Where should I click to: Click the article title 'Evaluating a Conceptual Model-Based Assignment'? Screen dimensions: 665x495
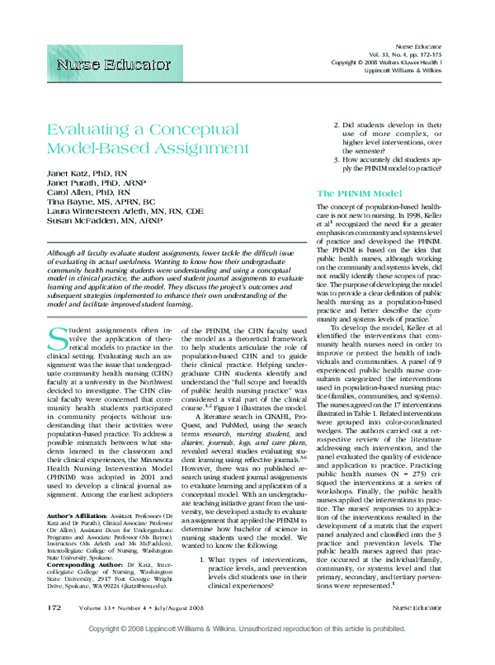[147, 139]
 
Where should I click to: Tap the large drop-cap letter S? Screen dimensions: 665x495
[59, 340]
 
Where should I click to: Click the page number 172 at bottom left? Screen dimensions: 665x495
[54, 630]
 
